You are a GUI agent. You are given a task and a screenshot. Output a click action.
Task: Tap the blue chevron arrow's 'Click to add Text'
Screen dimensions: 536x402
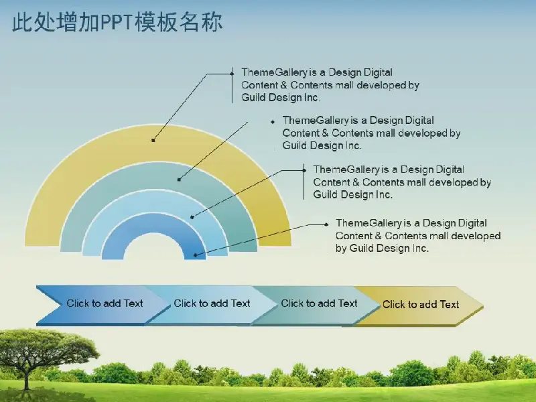pyautogui.click(x=105, y=304)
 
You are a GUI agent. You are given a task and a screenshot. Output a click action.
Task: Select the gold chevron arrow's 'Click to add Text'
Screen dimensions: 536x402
pyautogui.click(x=421, y=304)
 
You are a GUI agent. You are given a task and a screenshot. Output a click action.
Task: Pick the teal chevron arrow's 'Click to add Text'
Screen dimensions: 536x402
pyautogui.click(x=319, y=304)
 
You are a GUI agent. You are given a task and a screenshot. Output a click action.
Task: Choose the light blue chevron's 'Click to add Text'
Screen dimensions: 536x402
pyautogui.click(x=212, y=304)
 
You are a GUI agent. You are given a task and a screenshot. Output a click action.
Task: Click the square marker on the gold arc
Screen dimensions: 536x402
pyautogui.click(x=153, y=140)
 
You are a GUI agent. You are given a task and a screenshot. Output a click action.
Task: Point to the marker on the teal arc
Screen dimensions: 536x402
pyautogui.click(x=179, y=179)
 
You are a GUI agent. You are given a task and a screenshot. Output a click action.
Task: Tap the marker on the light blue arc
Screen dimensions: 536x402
pyautogui.click(x=192, y=217)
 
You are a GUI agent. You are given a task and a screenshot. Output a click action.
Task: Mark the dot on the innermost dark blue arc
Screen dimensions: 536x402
pyautogui.click(x=196, y=255)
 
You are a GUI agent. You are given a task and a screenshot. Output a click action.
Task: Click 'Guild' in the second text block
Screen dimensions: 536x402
pyautogui.click(x=295, y=145)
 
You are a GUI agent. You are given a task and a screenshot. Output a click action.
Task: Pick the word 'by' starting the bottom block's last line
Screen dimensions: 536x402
pyautogui.click(x=341, y=248)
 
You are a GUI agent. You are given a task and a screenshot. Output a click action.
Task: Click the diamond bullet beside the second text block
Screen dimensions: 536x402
pyautogui.click(x=273, y=122)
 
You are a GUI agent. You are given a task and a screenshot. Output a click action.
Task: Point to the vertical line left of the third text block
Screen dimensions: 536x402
pyautogui.click(x=304, y=182)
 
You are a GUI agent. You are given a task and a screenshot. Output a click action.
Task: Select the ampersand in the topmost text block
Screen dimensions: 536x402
pyautogui.click(x=283, y=85)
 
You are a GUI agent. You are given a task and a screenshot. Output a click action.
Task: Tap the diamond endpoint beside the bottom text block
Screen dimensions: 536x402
pyautogui.click(x=326, y=224)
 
